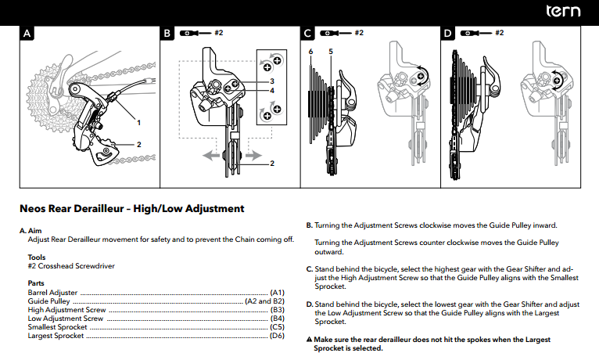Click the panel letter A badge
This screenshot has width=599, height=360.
27,34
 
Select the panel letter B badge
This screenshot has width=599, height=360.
167,34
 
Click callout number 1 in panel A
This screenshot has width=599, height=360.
139,122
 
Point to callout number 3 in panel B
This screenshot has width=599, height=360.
271,81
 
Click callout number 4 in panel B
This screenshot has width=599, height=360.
271,91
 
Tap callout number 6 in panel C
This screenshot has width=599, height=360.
311,52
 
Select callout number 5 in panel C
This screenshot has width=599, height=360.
331,52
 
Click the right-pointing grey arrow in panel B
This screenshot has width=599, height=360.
253,156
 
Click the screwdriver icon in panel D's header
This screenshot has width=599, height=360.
476,34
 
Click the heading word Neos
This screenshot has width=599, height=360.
33,209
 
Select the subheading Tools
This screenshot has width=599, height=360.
36,257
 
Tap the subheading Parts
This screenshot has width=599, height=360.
36,283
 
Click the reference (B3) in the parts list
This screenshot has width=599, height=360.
276,310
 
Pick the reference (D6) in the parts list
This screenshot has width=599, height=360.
276,336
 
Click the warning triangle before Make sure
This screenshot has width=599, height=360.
309,340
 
